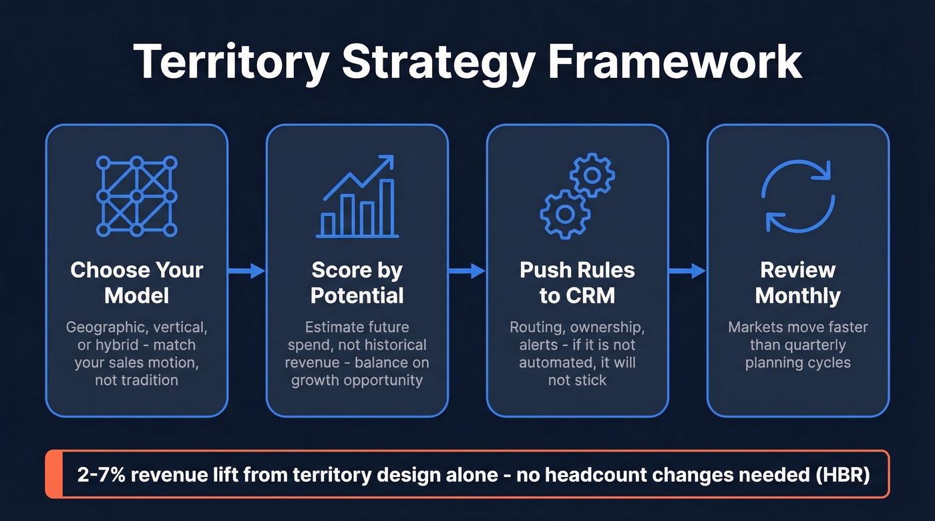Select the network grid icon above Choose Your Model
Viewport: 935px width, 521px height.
coord(136,196)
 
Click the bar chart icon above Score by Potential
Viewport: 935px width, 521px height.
coord(357,197)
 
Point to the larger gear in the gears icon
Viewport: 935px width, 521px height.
coord(565,213)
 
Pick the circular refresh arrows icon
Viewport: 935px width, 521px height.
coord(797,196)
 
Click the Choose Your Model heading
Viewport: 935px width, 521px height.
coord(136,282)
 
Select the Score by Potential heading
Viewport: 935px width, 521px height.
coord(357,282)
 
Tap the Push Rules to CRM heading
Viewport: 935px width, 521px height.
coord(577,282)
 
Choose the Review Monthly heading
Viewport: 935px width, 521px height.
coord(797,282)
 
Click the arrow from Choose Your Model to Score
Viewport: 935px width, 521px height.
coord(246,271)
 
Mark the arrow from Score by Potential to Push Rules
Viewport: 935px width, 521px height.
coord(467,271)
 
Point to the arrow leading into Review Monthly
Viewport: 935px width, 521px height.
coord(687,271)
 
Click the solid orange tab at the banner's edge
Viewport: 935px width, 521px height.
coord(54,474)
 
